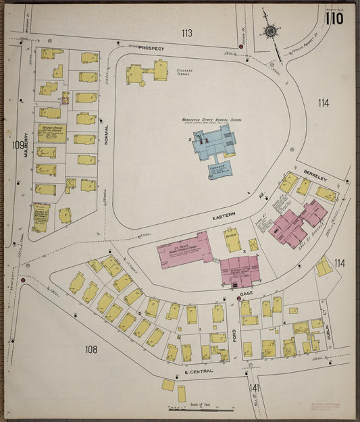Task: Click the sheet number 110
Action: (334, 18)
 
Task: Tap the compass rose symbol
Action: (270, 31)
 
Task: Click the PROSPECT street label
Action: (151, 49)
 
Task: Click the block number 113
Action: (186, 32)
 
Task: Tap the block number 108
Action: (91, 349)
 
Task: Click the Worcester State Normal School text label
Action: (211, 120)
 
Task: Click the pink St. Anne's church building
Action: (184, 249)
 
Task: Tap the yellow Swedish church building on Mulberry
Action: (51, 132)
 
